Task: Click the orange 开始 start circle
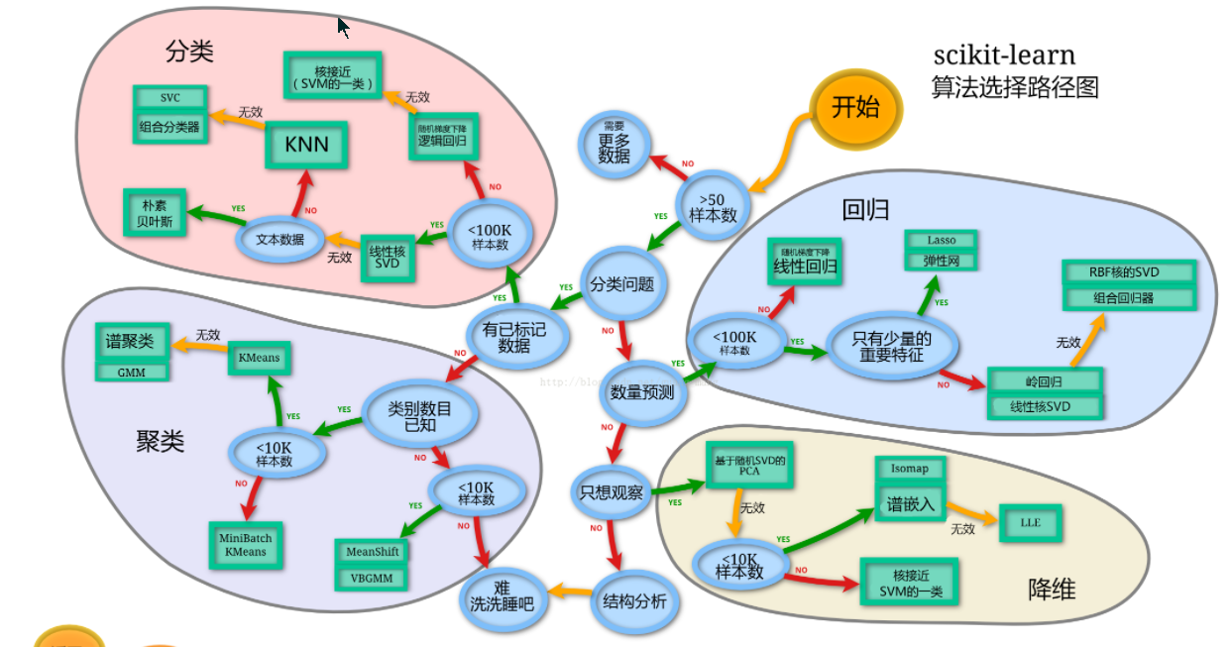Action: (854, 108)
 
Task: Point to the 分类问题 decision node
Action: (621, 284)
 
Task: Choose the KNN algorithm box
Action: (306, 146)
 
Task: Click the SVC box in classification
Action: (169, 98)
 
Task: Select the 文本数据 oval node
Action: (280, 239)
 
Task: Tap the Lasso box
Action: (941, 240)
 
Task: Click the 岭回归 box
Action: (1044, 381)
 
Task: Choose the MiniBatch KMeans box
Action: (245, 545)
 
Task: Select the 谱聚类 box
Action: (131, 342)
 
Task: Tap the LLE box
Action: (1030, 522)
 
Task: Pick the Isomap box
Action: (910, 469)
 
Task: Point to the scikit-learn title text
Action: (1003, 55)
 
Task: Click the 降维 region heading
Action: (1051, 591)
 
